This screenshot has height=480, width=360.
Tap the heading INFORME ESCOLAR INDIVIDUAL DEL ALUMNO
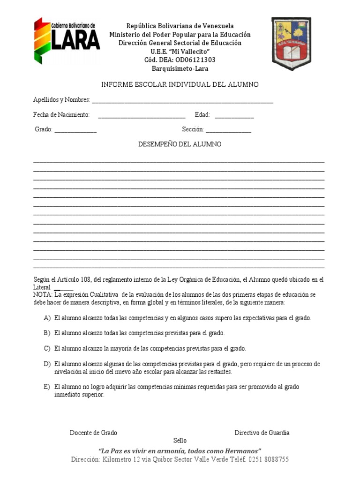click(x=180, y=84)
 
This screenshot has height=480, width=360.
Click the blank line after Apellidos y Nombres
click(x=182, y=101)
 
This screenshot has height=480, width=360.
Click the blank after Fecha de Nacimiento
click(x=142, y=115)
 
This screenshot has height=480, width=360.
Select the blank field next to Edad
click(x=234, y=115)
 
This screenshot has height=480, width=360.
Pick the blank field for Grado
click(x=75, y=130)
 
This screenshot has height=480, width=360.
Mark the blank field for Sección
click(x=228, y=130)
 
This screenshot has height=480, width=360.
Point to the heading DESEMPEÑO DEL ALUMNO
click(x=180, y=144)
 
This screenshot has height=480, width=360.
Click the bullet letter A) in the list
click(x=47, y=318)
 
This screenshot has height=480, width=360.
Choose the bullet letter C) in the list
click(x=47, y=348)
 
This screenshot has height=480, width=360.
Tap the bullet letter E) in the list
click(x=47, y=387)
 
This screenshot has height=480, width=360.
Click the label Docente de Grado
click(x=93, y=433)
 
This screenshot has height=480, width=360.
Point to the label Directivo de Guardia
click(x=262, y=433)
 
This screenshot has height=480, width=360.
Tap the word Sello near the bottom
click(x=180, y=441)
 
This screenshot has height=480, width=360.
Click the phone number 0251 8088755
click(x=269, y=459)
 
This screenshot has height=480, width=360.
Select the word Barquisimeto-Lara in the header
click(x=180, y=68)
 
